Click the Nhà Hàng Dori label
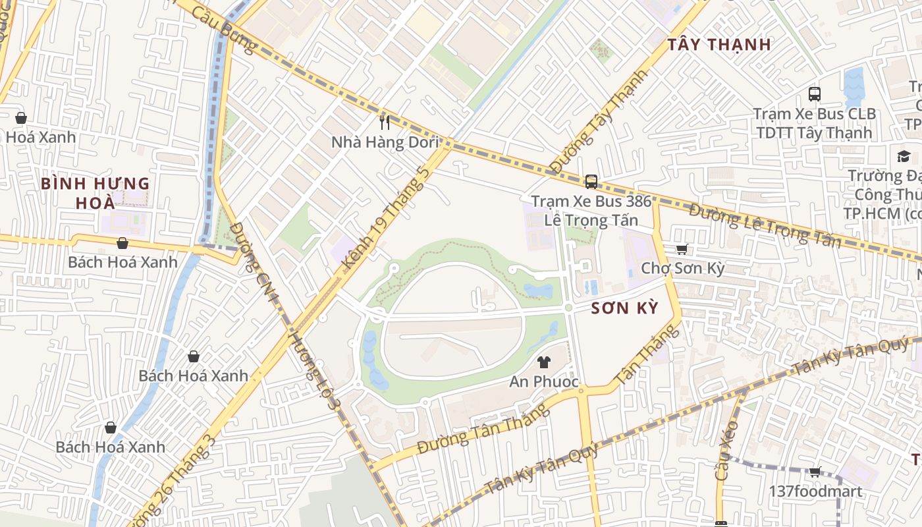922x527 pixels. point(385,142)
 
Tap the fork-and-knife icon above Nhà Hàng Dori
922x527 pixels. point(385,122)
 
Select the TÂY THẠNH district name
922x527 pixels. point(719,45)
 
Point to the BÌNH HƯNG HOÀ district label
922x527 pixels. point(95,193)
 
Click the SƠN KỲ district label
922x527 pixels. point(624,308)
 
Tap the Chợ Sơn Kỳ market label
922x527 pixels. point(682,269)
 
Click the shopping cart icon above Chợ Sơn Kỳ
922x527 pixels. point(682,249)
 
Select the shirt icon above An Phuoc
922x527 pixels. point(544,362)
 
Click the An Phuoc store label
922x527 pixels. point(544,381)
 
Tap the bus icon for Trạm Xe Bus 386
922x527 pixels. point(591,181)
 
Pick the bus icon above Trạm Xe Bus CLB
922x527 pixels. point(815,94)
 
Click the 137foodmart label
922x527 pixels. point(815,491)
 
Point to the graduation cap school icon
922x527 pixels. point(904,156)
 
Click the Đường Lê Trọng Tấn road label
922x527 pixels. point(765,226)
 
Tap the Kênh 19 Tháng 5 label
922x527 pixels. point(386,217)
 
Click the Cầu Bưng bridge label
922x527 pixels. point(223,30)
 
